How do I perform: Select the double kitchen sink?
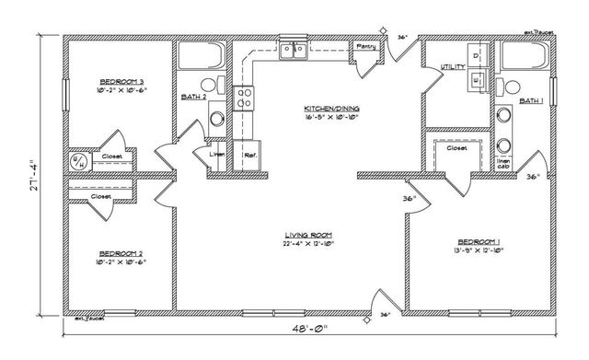[x=294, y=52]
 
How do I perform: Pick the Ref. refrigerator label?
[x=248, y=155]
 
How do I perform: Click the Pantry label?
[x=364, y=47]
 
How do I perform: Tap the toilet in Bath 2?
[x=206, y=86]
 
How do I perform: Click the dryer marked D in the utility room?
[x=475, y=56]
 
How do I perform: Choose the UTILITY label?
[x=452, y=67]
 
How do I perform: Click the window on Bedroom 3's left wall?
[x=64, y=92]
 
